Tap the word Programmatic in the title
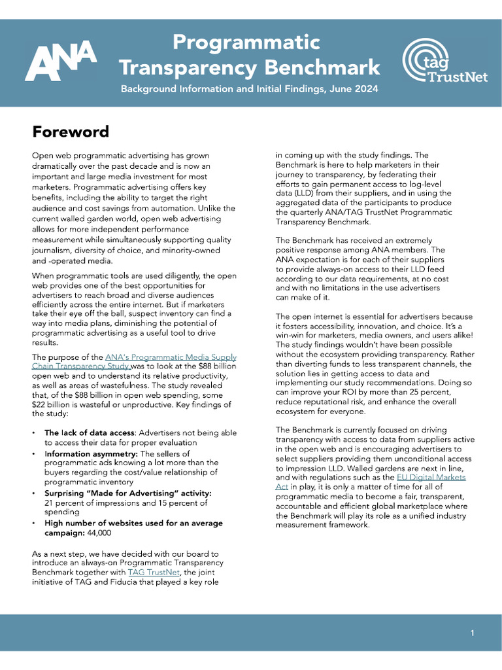[x=246, y=43]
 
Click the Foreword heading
[x=71, y=132]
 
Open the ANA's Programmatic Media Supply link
[x=171, y=357]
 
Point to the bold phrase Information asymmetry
[x=91, y=453]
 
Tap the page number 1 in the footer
[x=472, y=633]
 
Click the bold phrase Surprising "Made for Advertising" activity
[x=127, y=493]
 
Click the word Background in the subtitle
[x=154, y=88]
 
